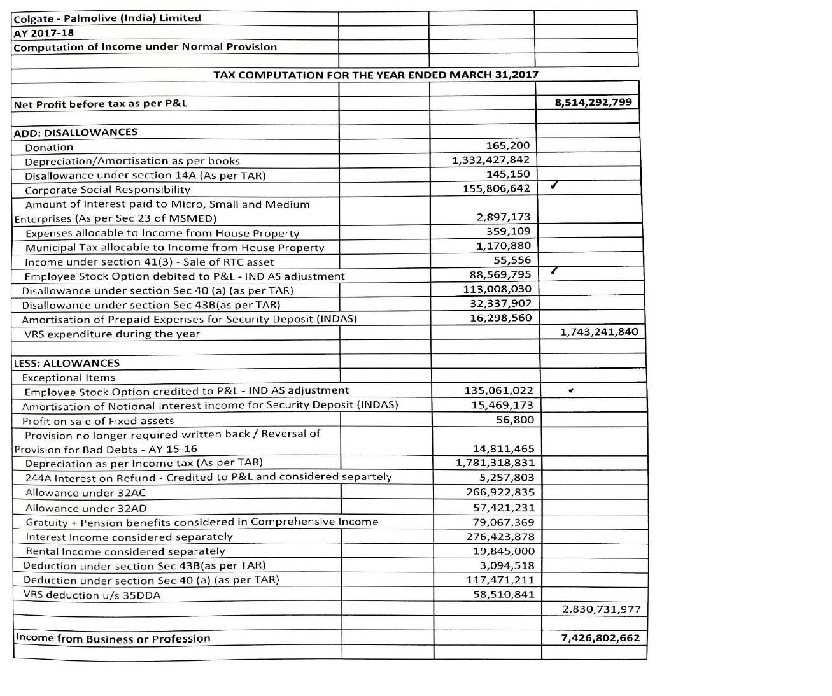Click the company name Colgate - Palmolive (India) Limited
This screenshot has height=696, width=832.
(x=107, y=18)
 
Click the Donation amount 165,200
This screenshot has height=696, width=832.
(x=507, y=146)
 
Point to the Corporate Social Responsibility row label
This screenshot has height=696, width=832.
(x=108, y=190)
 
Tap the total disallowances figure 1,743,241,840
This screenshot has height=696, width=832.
(x=598, y=332)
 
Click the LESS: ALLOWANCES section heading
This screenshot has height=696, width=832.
(x=66, y=363)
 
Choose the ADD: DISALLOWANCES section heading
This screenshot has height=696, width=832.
(x=75, y=132)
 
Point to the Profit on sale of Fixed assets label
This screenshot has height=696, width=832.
(x=98, y=421)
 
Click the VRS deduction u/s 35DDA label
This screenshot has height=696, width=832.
(x=92, y=595)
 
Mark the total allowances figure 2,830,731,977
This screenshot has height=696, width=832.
(x=601, y=609)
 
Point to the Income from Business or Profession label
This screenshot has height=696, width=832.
(x=113, y=639)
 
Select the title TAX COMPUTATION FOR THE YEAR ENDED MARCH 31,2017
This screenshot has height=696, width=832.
(x=376, y=75)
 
